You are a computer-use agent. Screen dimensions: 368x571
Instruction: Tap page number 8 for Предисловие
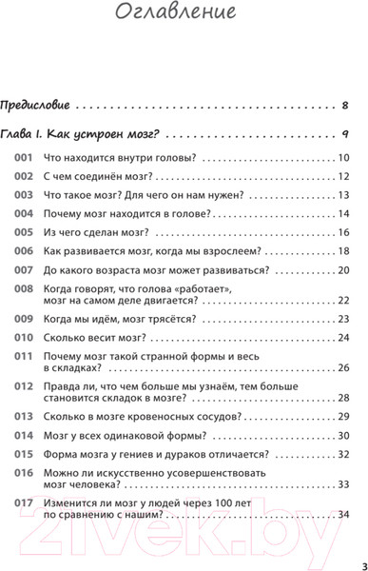[345, 104]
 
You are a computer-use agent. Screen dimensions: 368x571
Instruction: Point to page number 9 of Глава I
[345, 134]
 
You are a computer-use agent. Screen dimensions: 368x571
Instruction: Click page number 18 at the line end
[343, 252]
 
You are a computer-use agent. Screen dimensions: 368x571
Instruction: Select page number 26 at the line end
[343, 368]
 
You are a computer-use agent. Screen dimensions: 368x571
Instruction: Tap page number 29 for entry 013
[343, 417]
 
